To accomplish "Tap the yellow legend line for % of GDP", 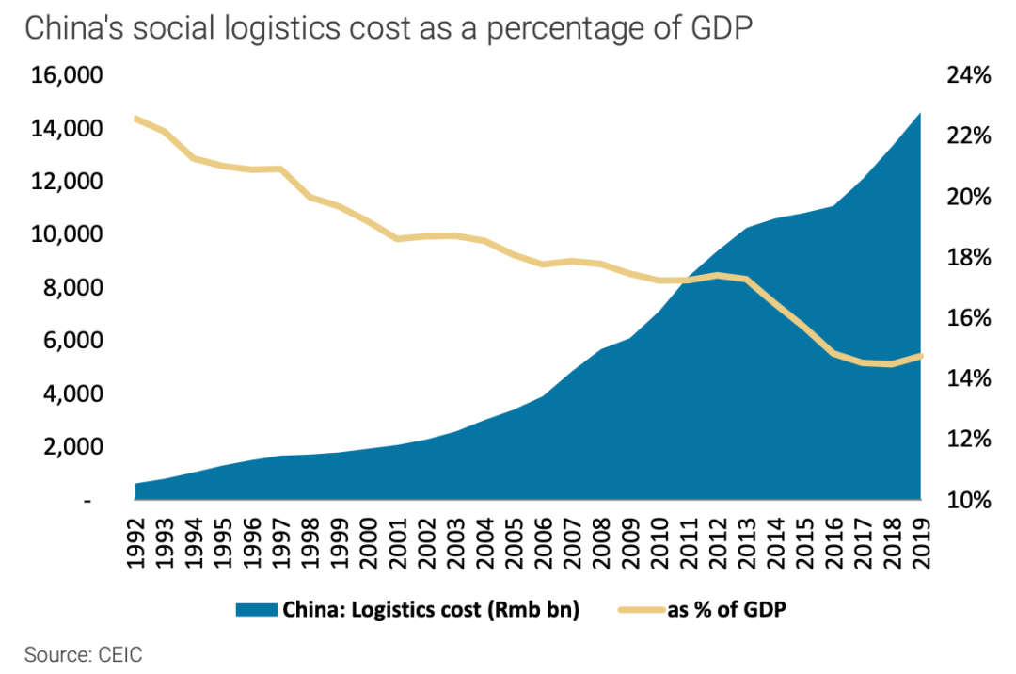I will click(x=640, y=609).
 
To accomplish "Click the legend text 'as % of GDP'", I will click(x=726, y=609).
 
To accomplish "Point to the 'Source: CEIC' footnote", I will click(x=84, y=654).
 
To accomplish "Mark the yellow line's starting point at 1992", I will click(x=136, y=119).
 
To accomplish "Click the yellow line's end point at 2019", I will click(x=920, y=355).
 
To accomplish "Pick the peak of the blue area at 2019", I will click(x=919, y=114).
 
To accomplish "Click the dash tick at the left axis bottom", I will click(x=87, y=500).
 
